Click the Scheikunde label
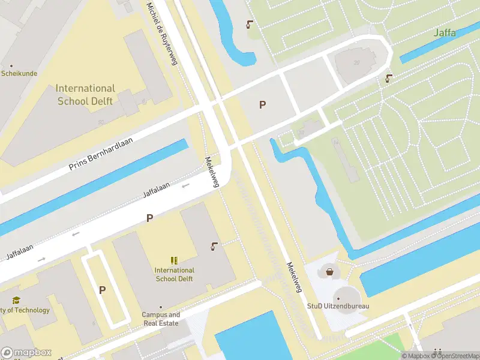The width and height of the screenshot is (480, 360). (19, 73)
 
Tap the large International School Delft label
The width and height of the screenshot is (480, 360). (85, 95)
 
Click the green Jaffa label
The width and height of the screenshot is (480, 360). (445, 32)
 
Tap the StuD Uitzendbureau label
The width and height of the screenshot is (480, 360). (338, 306)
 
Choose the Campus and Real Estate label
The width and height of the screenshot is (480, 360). (161, 319)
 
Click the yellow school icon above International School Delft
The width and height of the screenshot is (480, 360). (174, 260)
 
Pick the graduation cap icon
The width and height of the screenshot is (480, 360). (17, 300)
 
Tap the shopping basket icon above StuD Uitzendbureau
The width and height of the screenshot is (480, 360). (329, 271)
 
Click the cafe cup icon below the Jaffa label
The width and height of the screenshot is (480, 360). (389, 77)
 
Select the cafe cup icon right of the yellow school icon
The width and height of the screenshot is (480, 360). (214, 245)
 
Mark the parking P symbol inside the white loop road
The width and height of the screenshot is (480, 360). (102, 290)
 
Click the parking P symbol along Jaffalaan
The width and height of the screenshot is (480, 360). (149, 218)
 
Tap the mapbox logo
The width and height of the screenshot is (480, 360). (26, 352)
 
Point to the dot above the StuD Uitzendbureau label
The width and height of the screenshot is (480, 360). (338, 298)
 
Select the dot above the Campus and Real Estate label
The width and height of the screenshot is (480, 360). (161, 307)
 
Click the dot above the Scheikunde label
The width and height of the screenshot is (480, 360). (11, 65)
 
